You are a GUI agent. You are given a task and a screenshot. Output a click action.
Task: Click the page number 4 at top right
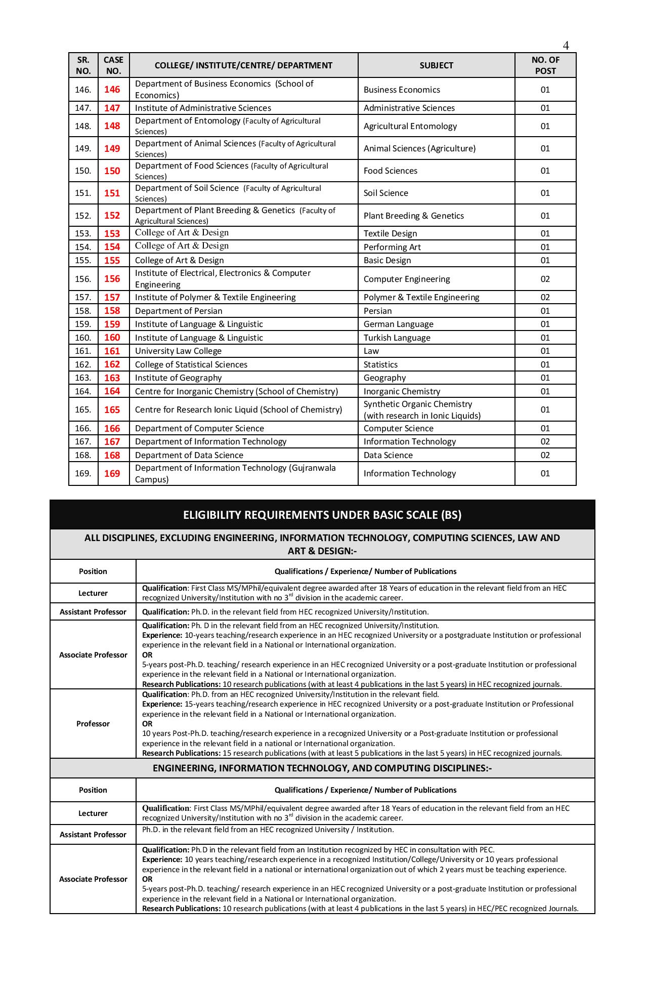(566, 46)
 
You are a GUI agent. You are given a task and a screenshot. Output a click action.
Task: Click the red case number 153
(112, 233)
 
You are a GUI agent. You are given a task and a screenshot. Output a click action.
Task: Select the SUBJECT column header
(436, 65)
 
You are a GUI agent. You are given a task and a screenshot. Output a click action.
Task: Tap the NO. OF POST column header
(545, 65)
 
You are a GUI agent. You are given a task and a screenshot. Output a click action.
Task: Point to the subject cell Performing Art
(392, 247)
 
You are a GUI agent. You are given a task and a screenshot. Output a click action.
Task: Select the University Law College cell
(178, 351)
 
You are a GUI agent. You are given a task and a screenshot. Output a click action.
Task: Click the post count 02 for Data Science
(545, 455)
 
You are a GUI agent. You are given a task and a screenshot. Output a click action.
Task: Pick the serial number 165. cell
(83, 409)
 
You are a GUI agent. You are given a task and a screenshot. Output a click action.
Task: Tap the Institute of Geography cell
(178, 378)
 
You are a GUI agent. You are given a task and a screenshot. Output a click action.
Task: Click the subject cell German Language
(399, 324)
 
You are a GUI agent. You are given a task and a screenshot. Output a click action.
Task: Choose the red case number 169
(112, 473)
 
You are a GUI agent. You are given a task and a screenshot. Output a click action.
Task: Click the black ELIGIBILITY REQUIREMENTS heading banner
(322, 515)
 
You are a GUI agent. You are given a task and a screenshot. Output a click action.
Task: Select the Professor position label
(93, 724)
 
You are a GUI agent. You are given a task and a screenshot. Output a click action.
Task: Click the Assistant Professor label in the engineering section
(93, 834)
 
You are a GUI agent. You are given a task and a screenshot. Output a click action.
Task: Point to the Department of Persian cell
(179, 311)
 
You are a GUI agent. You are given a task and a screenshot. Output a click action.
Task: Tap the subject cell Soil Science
(386, 193)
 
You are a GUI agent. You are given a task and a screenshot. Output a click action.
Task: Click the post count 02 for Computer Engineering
(545, 279)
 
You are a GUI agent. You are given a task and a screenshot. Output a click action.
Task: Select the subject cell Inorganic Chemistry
(402, 391)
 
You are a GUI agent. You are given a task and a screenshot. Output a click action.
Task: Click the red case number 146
(112, 90)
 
